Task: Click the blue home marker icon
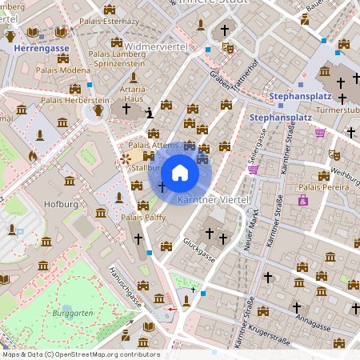point(180,173)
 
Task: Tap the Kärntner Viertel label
point(214,198)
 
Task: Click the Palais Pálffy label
point(143,217)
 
